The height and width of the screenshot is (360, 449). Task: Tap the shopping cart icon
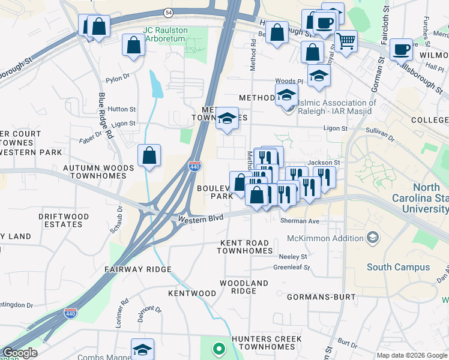[x=346, y=42]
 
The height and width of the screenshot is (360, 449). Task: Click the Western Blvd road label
[x=200, y=220]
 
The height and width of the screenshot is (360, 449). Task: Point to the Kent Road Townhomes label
[x=246, y=247]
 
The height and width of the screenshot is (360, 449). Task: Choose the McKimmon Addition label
[x=330, y=238]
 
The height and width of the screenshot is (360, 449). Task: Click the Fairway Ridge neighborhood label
[x=137, y=270]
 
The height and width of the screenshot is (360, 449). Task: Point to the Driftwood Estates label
[x=63, y=220]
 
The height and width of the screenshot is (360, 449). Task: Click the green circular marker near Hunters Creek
[x=219, y=348]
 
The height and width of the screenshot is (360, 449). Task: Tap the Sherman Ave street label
[x=300, y=221]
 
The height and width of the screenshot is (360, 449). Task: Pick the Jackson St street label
[x=324, y=163]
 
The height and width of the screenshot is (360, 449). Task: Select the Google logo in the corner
[x=20, y=353]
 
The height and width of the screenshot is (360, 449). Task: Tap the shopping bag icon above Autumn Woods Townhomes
[x=149, y=156]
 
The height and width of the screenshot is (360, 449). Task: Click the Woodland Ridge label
[x=244, y=287]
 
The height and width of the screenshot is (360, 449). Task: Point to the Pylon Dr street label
[x=118, y=77]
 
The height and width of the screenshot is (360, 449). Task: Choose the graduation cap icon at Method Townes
[x=227, y=119]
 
